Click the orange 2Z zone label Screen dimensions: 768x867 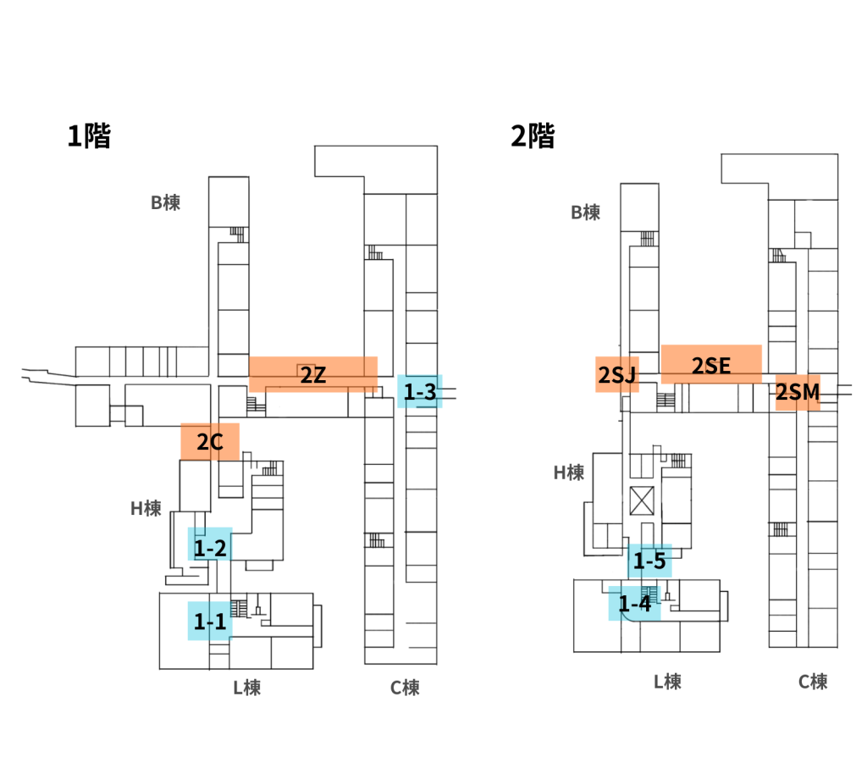click(312, 375)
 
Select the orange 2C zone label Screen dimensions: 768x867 click(210, 441)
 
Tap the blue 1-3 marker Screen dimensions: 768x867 click(420, 392)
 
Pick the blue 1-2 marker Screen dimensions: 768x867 click(209, 548)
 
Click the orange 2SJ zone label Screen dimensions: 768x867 click(616, 375)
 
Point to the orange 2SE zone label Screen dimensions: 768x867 click(710, 365)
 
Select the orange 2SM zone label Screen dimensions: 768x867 click(798, 392)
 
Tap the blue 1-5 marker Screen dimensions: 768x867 click(649, 561)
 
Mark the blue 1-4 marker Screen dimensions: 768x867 click(634, 604)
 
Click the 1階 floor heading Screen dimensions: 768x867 click(89, 135)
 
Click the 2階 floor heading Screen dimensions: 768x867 click(533, 135)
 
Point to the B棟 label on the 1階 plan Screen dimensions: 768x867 click(165, 203)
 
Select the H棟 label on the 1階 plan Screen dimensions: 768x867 click(146, 508)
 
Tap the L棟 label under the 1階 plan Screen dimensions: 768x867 click(246, 687)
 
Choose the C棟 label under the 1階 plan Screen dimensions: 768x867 click(405, 687)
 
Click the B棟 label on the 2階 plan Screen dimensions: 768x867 click(585, 213)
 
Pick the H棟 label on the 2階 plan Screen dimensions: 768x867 click(569, 472)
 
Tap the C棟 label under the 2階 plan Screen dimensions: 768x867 click(813, 682)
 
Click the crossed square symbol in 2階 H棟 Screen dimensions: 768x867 click(643, 500)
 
